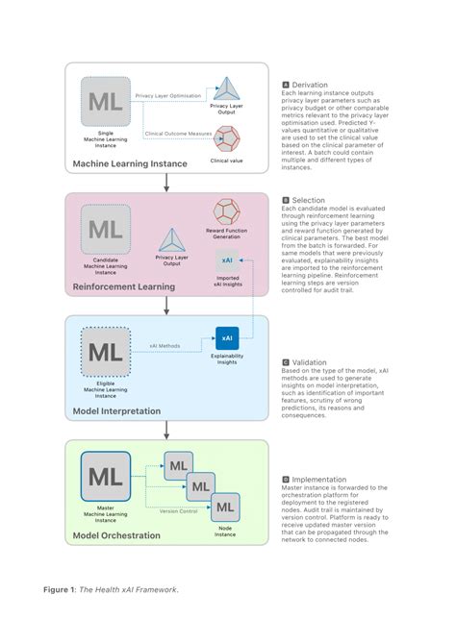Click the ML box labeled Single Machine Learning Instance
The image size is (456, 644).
[105, 102]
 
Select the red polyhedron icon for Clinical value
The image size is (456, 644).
[229, 139]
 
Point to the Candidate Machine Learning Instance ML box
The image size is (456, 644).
[105, 231]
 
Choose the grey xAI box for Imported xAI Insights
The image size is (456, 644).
[228, 260]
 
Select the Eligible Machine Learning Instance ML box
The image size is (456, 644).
[105, 352]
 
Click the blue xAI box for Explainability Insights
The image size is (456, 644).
[227, 338]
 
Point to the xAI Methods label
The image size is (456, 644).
[165, 344]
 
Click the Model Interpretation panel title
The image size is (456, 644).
[118, 410]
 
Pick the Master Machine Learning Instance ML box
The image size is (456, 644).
[105, 478]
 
